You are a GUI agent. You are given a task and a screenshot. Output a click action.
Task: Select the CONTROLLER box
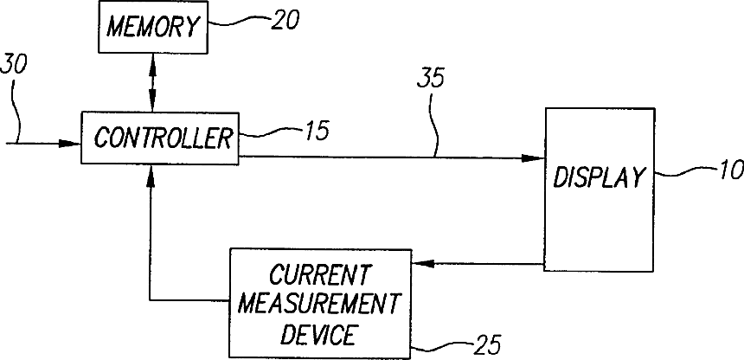point(159,137)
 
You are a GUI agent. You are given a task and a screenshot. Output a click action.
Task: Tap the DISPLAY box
point(598,189)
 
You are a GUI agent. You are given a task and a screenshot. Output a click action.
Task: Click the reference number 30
point(15,64)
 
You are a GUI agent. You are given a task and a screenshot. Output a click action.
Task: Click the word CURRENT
point(319,277)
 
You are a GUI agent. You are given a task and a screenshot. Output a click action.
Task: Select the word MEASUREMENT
point(319,304)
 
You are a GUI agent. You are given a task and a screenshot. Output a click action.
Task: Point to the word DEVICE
point(319,331)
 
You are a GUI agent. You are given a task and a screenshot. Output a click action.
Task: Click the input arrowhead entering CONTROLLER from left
point(71,144)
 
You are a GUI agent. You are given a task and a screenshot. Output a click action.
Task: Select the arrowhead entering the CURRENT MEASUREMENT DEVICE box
point(420,264)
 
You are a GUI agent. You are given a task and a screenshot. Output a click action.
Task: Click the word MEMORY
point(153,27)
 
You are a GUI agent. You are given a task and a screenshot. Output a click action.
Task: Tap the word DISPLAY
point(598,179)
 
